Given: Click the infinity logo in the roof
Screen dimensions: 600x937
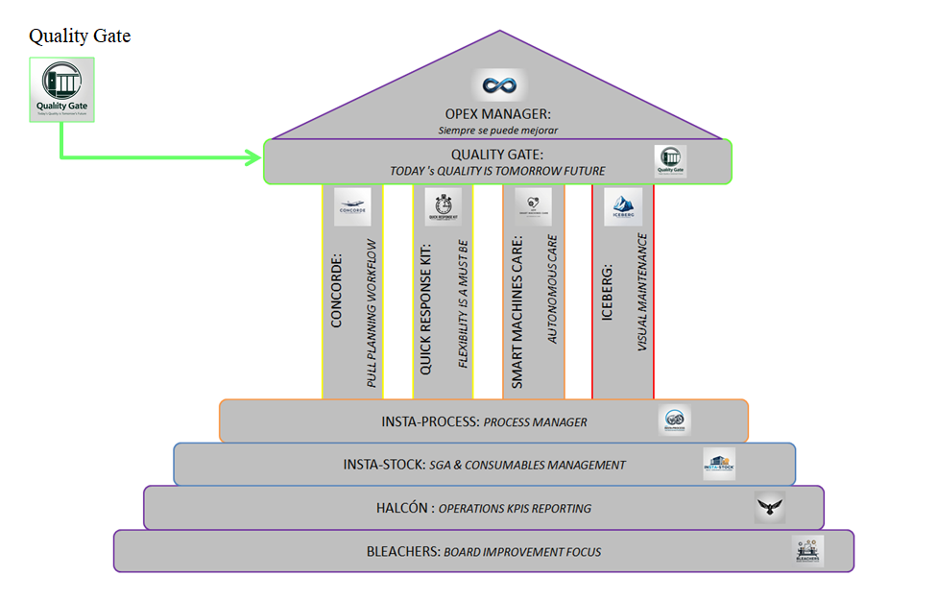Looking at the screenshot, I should [x=499, y=85].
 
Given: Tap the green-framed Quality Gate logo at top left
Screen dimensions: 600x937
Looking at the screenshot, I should [x=62, y=89].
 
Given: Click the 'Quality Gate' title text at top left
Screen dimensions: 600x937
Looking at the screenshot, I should [x=80, y=36].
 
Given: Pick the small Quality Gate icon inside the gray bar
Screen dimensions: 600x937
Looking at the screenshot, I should [x=671, y=160].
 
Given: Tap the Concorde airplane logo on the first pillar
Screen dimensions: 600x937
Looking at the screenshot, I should [x=352, y=207].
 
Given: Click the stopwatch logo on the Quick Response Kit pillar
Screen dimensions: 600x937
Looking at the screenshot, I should [x=443, y=206].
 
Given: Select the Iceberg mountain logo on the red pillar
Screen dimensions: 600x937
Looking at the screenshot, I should [x=623, y=206].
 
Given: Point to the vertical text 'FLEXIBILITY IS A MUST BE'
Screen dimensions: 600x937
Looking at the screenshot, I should [x=463, y=303].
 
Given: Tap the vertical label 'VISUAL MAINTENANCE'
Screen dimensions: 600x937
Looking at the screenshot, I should [x=643, y=291].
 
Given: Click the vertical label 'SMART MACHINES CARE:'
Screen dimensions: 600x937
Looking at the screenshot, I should [x=517, y=312].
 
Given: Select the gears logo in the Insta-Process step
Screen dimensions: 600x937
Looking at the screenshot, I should [x=675, y=420].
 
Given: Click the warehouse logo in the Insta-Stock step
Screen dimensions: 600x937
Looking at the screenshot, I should [x=719, y=463].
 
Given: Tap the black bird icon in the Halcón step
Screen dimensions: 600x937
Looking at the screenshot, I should [x=769, y=507].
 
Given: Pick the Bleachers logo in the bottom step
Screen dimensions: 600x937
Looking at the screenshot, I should [x=808, y=550].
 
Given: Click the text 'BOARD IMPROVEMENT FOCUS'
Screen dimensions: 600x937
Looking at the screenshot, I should [x=522, y=552].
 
